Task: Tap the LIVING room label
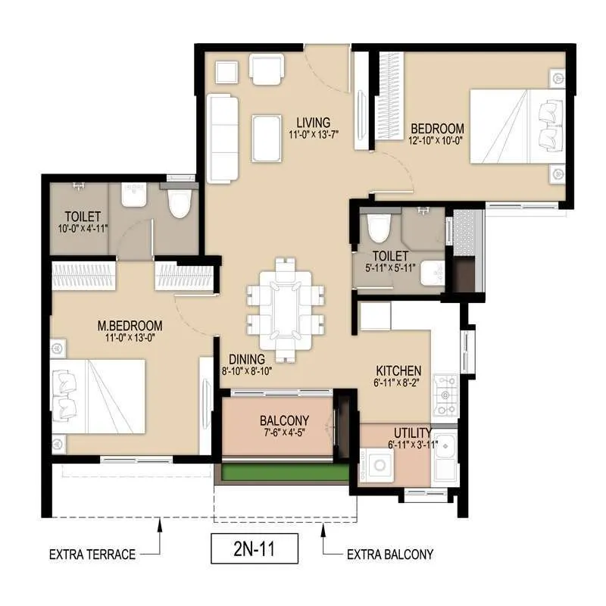pyautogui.click(x=313, y=122)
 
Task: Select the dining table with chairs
pyautogui.click(x=286, y=308)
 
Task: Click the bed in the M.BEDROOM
pyautogui.click(x=98, y=397)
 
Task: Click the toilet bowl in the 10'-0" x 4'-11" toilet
pyautogui.click(x=180, y=204)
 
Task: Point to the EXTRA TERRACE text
pyautogui.click(x=92, y=554)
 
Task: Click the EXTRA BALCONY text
pyautogui.click(x=390, y=554)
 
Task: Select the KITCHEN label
pyautogui.click(x=399, y=371)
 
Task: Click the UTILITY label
pyautogui.click(x=411, y=433)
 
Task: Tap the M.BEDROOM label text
pyautogui.click(x=130, y=326)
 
